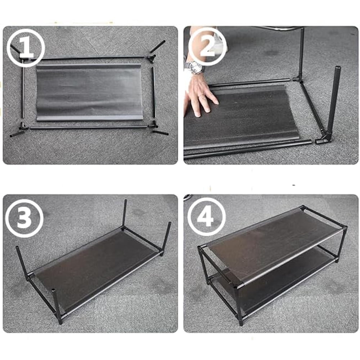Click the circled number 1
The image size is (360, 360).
tap(26, 48)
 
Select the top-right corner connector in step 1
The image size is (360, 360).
tap(152, 56)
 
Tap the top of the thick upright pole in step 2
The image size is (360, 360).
tap(338, 68)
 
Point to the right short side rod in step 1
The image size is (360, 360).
tap(154, 92)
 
